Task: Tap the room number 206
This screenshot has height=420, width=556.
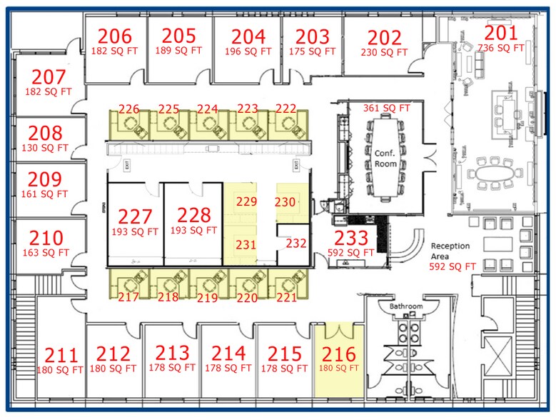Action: [115, 36]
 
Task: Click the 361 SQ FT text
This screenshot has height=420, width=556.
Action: [387, 109]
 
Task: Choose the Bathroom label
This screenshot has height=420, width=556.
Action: [406, 306]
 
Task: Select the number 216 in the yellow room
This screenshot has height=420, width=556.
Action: [338, 354]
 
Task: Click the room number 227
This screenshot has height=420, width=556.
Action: [135, 216]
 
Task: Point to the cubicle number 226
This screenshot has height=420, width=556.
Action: [129, 109]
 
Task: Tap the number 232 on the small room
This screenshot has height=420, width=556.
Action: [295, 244]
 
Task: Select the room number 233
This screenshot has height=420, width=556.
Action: [351, 239]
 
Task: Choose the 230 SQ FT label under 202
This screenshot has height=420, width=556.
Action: [384, 52]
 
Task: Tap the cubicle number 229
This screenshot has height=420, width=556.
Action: [246, 202]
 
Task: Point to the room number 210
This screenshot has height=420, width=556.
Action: [46, 238]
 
